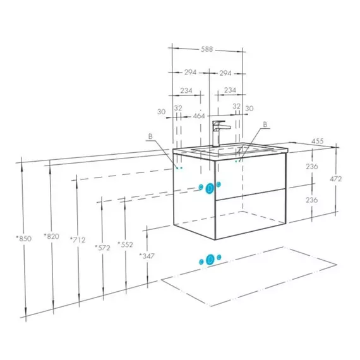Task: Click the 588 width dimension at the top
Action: [x=207, y=49]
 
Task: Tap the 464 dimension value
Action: [x=199, y=116]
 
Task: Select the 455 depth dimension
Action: [x=317, y=141]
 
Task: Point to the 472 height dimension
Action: [x=335, y=179]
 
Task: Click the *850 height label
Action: [x=23, y=239]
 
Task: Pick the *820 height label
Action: [x=51, y=236]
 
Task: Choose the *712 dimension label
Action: [x=78, y=240]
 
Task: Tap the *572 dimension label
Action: [x=102, y=248]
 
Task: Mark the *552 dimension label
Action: [x=125, y=244]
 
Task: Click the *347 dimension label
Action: [x=147, y=256]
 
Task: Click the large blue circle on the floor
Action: [x=210, y=260]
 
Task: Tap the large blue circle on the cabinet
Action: [x=210, y=188]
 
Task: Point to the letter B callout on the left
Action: [x=150, y=136]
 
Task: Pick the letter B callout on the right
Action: [x=265, y=124]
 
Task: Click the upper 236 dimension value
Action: [x=312, y=166]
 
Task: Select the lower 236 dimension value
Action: [x=311, y=200]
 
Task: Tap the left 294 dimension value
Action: [x=190, y=73]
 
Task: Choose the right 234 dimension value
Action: [x=230, y=90]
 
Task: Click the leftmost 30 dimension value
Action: [x=162, y=112]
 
